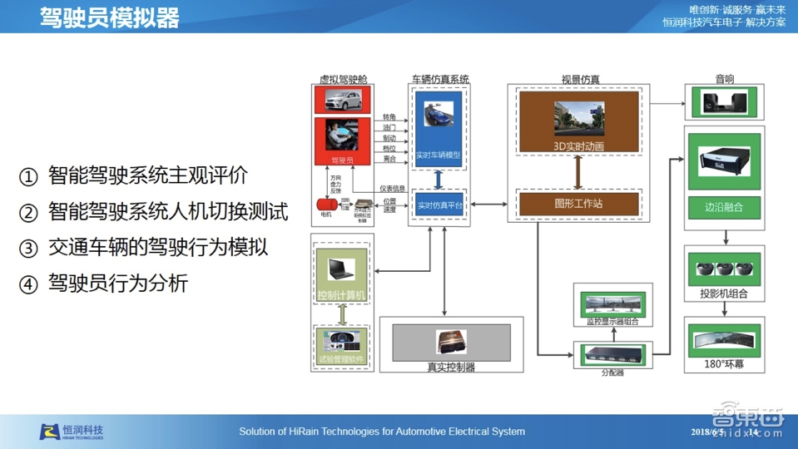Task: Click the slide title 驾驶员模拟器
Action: pyautogui.click(x=109, y=17)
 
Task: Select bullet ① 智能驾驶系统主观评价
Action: pyautogui.click(x=135, y=176)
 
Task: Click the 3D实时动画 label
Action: pyautogui.click(x=578, y=146)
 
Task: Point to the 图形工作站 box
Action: pyautogui.click(x=578, y=203)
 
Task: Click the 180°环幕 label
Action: pyautogui.click(x=723, y=363)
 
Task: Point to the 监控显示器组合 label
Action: pyautogui.click(x=613, y=322)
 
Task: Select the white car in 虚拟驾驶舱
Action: pyautogui.click(x=342, y=100)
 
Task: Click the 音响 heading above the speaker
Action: pyautogui.click(x=724, y=80)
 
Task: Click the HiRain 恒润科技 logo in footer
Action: pyautogui.click(x=72, y=432)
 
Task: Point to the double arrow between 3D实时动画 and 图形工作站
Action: pyautogui.click(x=578, y=171)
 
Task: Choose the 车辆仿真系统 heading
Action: pyautogui.click(x=440, y=80)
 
